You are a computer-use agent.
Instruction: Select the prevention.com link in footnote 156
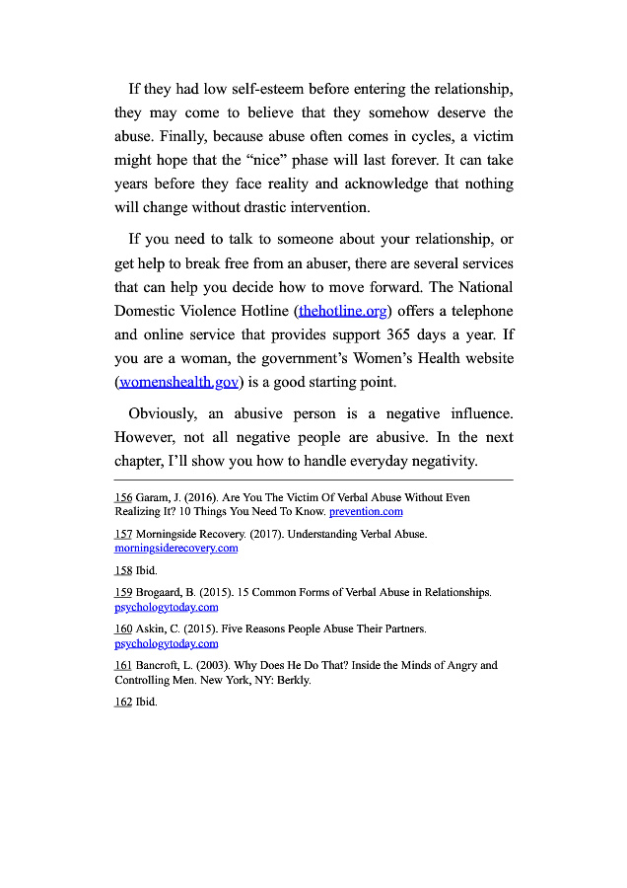pyautogui.click(x=366, y=512)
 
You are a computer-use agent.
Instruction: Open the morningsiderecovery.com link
pyautogui.click(x=175, y=548)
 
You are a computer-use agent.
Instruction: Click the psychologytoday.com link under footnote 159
pyautogui.click(x=166, y=607)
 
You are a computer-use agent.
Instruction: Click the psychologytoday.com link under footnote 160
pyautogui.click(x=166, y=643)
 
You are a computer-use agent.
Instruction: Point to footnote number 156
pyautogui.click(x=123, y=498)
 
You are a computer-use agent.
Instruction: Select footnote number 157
pyautogui.click(x=123, y=534)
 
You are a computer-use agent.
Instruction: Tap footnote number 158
pyautogui.click(x=123, y=570)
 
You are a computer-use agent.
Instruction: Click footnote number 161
pyautogui.click(x=123, y=666)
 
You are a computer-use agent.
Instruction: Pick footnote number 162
pyautogui.click(x=123, y=703)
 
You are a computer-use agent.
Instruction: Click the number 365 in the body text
pyautogui.click(x=399, y=334)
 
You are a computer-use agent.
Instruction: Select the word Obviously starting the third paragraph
pyautogui.click(x=162, y=413)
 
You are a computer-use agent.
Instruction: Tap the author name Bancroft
pyautogui.click(x=160, y=666)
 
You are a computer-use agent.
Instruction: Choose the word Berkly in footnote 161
pyautogui.click(x=293, y=680)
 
